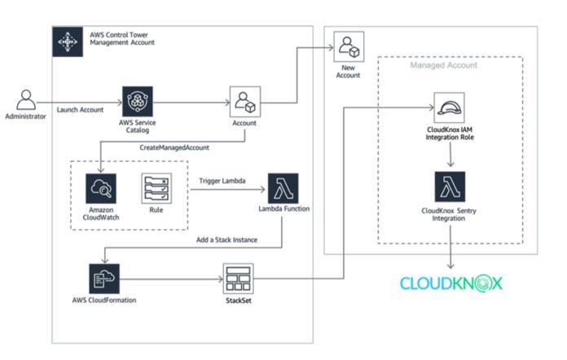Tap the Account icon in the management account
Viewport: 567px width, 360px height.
(244, 102)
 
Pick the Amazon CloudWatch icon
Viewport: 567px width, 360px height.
(101, 188)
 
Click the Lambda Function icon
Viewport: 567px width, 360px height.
(283, 188)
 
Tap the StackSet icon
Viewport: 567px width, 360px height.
(238, 279)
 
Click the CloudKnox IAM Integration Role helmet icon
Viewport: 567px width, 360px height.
(450, 108)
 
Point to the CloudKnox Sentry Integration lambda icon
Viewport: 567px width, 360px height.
(450, 187)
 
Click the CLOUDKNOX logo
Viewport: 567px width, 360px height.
(451, 283)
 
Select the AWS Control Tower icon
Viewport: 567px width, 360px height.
(67, 41)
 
